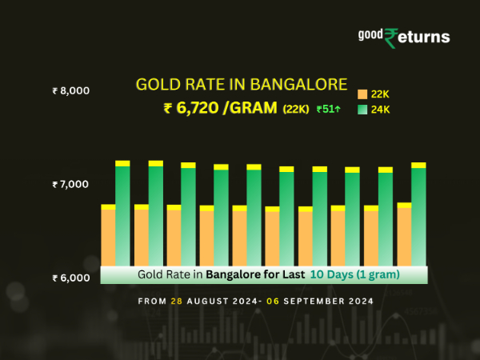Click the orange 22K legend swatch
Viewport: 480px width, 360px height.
tap(362, 94)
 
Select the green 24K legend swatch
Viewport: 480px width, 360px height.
tap(362, 110)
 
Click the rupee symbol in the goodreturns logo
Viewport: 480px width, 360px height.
tap(391, 38)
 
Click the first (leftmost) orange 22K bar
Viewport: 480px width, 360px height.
tap(108, 238)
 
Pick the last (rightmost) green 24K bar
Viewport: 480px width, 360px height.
tap(418, 217)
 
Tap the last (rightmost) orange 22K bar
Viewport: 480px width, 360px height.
tap(404, 237)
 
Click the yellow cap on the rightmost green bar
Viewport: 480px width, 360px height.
tap(418, 165)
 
